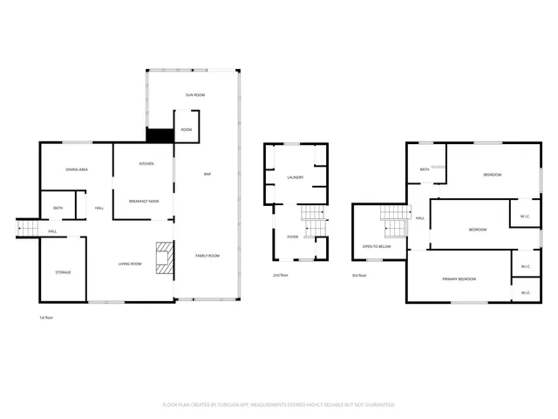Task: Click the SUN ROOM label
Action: [194, 94]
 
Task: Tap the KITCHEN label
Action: [146, 164]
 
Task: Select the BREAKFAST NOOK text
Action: [143, 200]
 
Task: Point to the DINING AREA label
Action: [77, 169]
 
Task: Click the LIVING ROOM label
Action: [130, 263]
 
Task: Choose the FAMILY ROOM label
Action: [207, 256]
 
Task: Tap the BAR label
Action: [208, 175]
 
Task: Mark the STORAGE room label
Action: [63, 272]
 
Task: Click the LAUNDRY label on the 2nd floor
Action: [295, 177]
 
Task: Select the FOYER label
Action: [293, 236]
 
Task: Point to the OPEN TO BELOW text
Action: [377, 247]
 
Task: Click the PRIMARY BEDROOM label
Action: [459, 278]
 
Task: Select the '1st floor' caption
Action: [48, 318]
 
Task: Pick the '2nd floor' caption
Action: [281, 275]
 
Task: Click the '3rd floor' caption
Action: [358, 275]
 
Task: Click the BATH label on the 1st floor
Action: [58, 208]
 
